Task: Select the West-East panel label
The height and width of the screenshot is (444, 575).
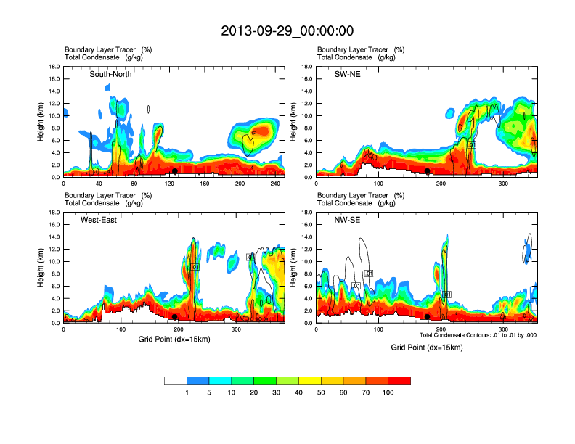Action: point(100,220)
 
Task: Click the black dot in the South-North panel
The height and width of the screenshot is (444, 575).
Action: point(175,171)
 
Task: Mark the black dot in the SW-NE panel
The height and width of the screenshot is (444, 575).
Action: point(428,171)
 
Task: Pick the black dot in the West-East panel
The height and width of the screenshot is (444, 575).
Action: point(175,317)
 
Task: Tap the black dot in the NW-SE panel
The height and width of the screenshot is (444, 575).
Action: point(428,317)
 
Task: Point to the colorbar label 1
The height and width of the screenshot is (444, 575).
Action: point(187,392)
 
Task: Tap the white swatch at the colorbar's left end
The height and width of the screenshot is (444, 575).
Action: point(176,380)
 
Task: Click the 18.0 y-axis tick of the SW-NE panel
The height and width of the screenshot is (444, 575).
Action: point(309,67)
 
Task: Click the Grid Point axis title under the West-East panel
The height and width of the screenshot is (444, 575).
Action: point(174,340)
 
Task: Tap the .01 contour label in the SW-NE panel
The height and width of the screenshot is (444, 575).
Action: point(472,145)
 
